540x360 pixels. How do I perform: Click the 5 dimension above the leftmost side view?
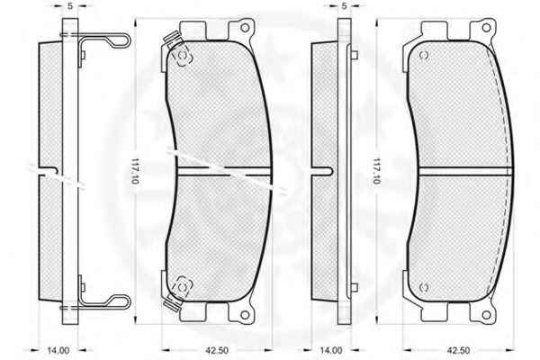70,6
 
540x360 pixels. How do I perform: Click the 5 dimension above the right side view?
344,6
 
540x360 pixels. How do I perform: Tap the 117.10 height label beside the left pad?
135,171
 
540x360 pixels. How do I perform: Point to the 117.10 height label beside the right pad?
377,171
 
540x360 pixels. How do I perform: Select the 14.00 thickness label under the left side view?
58,351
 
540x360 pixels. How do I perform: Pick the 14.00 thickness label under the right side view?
331,351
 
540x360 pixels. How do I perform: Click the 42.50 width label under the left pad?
217,351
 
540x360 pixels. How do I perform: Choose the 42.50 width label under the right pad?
458,351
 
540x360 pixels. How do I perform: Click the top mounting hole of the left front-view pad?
245,28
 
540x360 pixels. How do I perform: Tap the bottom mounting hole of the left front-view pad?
245,314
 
